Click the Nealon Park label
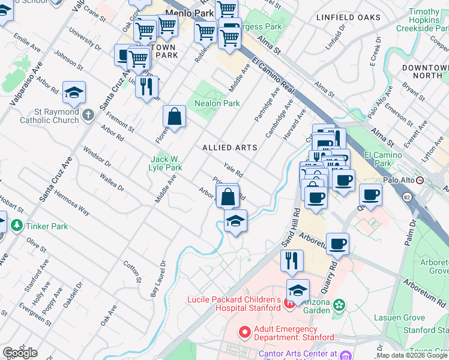(x=217, y=103)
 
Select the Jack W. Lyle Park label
(x=166, y=163)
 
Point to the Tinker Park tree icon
(x=16, y=226)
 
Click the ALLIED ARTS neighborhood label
(x=229, y=148)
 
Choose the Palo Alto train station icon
(x=420, y=179)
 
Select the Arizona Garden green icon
(x=339, y=305)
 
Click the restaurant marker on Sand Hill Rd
(x=292, y=261)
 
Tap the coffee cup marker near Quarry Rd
(x=338, y=244)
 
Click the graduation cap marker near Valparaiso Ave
(x=74, y=92)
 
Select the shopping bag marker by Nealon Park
(x=174, y=118)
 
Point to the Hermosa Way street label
(x=71, y=203)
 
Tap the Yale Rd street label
(x=232, y=170)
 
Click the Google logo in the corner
(x=20, y=353)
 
